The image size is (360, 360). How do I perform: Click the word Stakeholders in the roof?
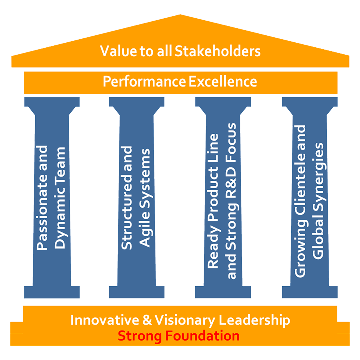pos(217,52)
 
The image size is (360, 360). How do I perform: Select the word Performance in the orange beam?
pos(144,82)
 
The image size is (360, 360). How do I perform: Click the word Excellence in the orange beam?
pos(223,82)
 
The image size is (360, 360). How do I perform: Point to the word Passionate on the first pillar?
pos(42,198)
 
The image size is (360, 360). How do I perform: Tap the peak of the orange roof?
pos(180,16)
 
